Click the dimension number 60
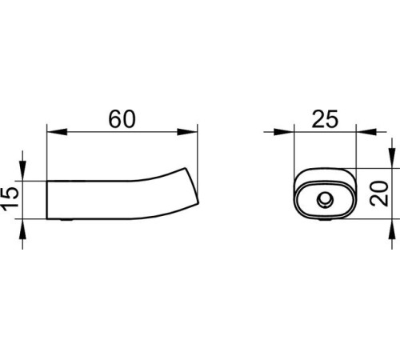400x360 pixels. [122, 119]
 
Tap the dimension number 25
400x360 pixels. [325, 119]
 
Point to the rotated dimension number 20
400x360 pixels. [379, 194]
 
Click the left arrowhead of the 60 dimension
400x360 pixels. [57, 132]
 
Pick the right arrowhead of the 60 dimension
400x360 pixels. [187, 132]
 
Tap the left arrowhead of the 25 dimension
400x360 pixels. [284, 132]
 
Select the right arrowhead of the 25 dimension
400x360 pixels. [366, 132]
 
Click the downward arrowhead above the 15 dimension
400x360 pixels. [22, 170]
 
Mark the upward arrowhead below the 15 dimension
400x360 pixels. [22, 229]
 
